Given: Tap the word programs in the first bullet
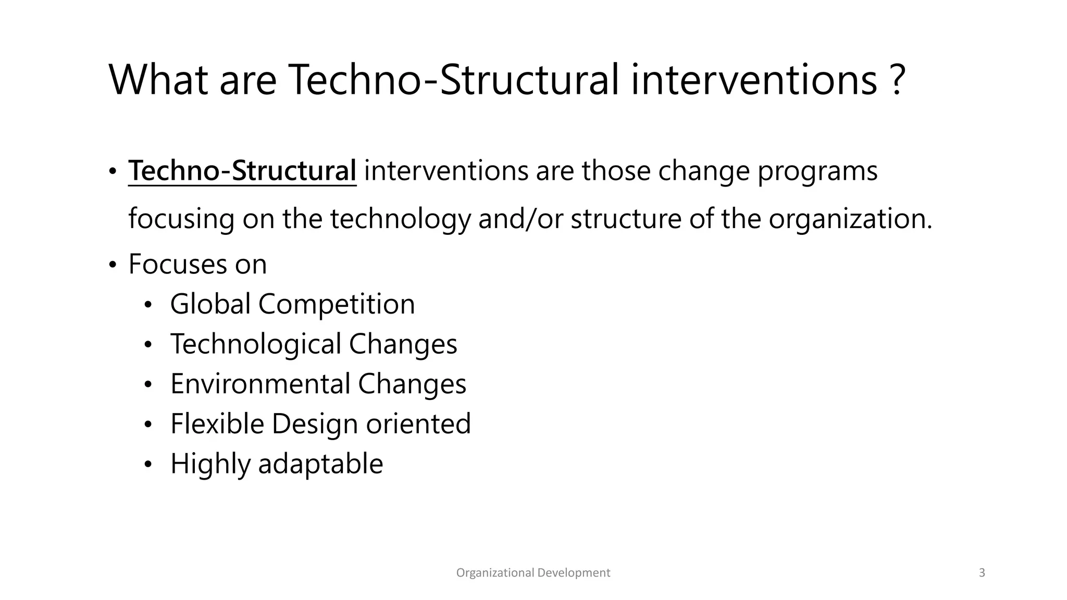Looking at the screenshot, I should pos(817,172).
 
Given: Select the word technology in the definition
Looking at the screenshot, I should pos(400,219).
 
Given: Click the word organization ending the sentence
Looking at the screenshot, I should pos(849,219).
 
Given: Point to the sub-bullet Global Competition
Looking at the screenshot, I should pos(292,304).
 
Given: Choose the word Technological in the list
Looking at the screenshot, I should pos(255,344).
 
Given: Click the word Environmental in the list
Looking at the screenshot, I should pos(260,384).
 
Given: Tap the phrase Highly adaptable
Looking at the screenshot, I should pos(277,464).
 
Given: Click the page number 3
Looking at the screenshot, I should pos(982,573).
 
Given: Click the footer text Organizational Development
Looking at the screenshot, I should pos(533,573).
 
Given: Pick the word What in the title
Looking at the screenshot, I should pos(158,81).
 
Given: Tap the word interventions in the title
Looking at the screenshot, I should pos(754,81).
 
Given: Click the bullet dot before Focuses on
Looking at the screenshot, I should pos(113,265).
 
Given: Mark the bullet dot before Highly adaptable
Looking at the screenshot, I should pos(148,465).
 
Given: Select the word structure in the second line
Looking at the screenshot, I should pos(626,219).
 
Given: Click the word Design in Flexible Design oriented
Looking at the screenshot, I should pos(315,424).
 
